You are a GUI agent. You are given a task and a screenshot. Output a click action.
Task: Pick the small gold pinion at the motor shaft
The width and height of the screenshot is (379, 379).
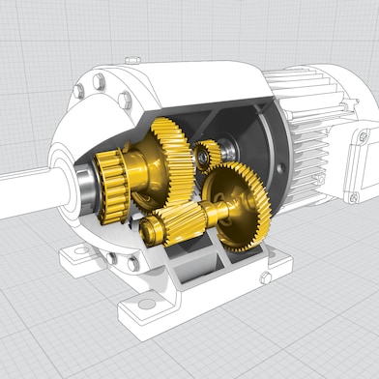pos(207,154)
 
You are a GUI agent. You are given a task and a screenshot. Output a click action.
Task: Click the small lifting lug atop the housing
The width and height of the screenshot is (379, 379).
pos(133,61)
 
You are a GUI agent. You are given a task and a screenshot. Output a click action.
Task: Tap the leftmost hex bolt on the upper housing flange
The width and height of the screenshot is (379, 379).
pos(79,92)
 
